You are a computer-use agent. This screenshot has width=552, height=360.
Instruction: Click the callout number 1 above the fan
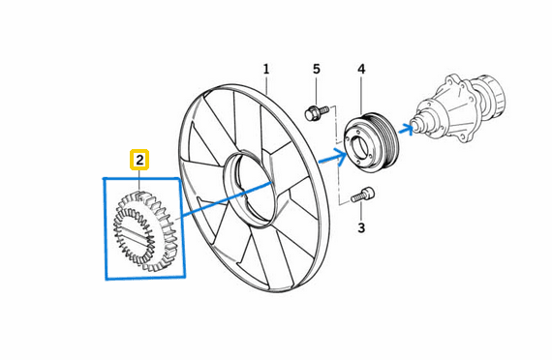[266, 70]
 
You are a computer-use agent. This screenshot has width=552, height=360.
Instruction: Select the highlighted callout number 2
[140, 159]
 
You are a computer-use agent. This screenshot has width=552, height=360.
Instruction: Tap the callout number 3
[361, 228]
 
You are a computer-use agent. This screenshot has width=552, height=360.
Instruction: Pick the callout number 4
[361, 70]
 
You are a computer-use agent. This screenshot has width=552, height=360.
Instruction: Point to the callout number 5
[316, 70]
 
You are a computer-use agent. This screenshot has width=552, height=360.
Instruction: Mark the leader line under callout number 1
[266, 84]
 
